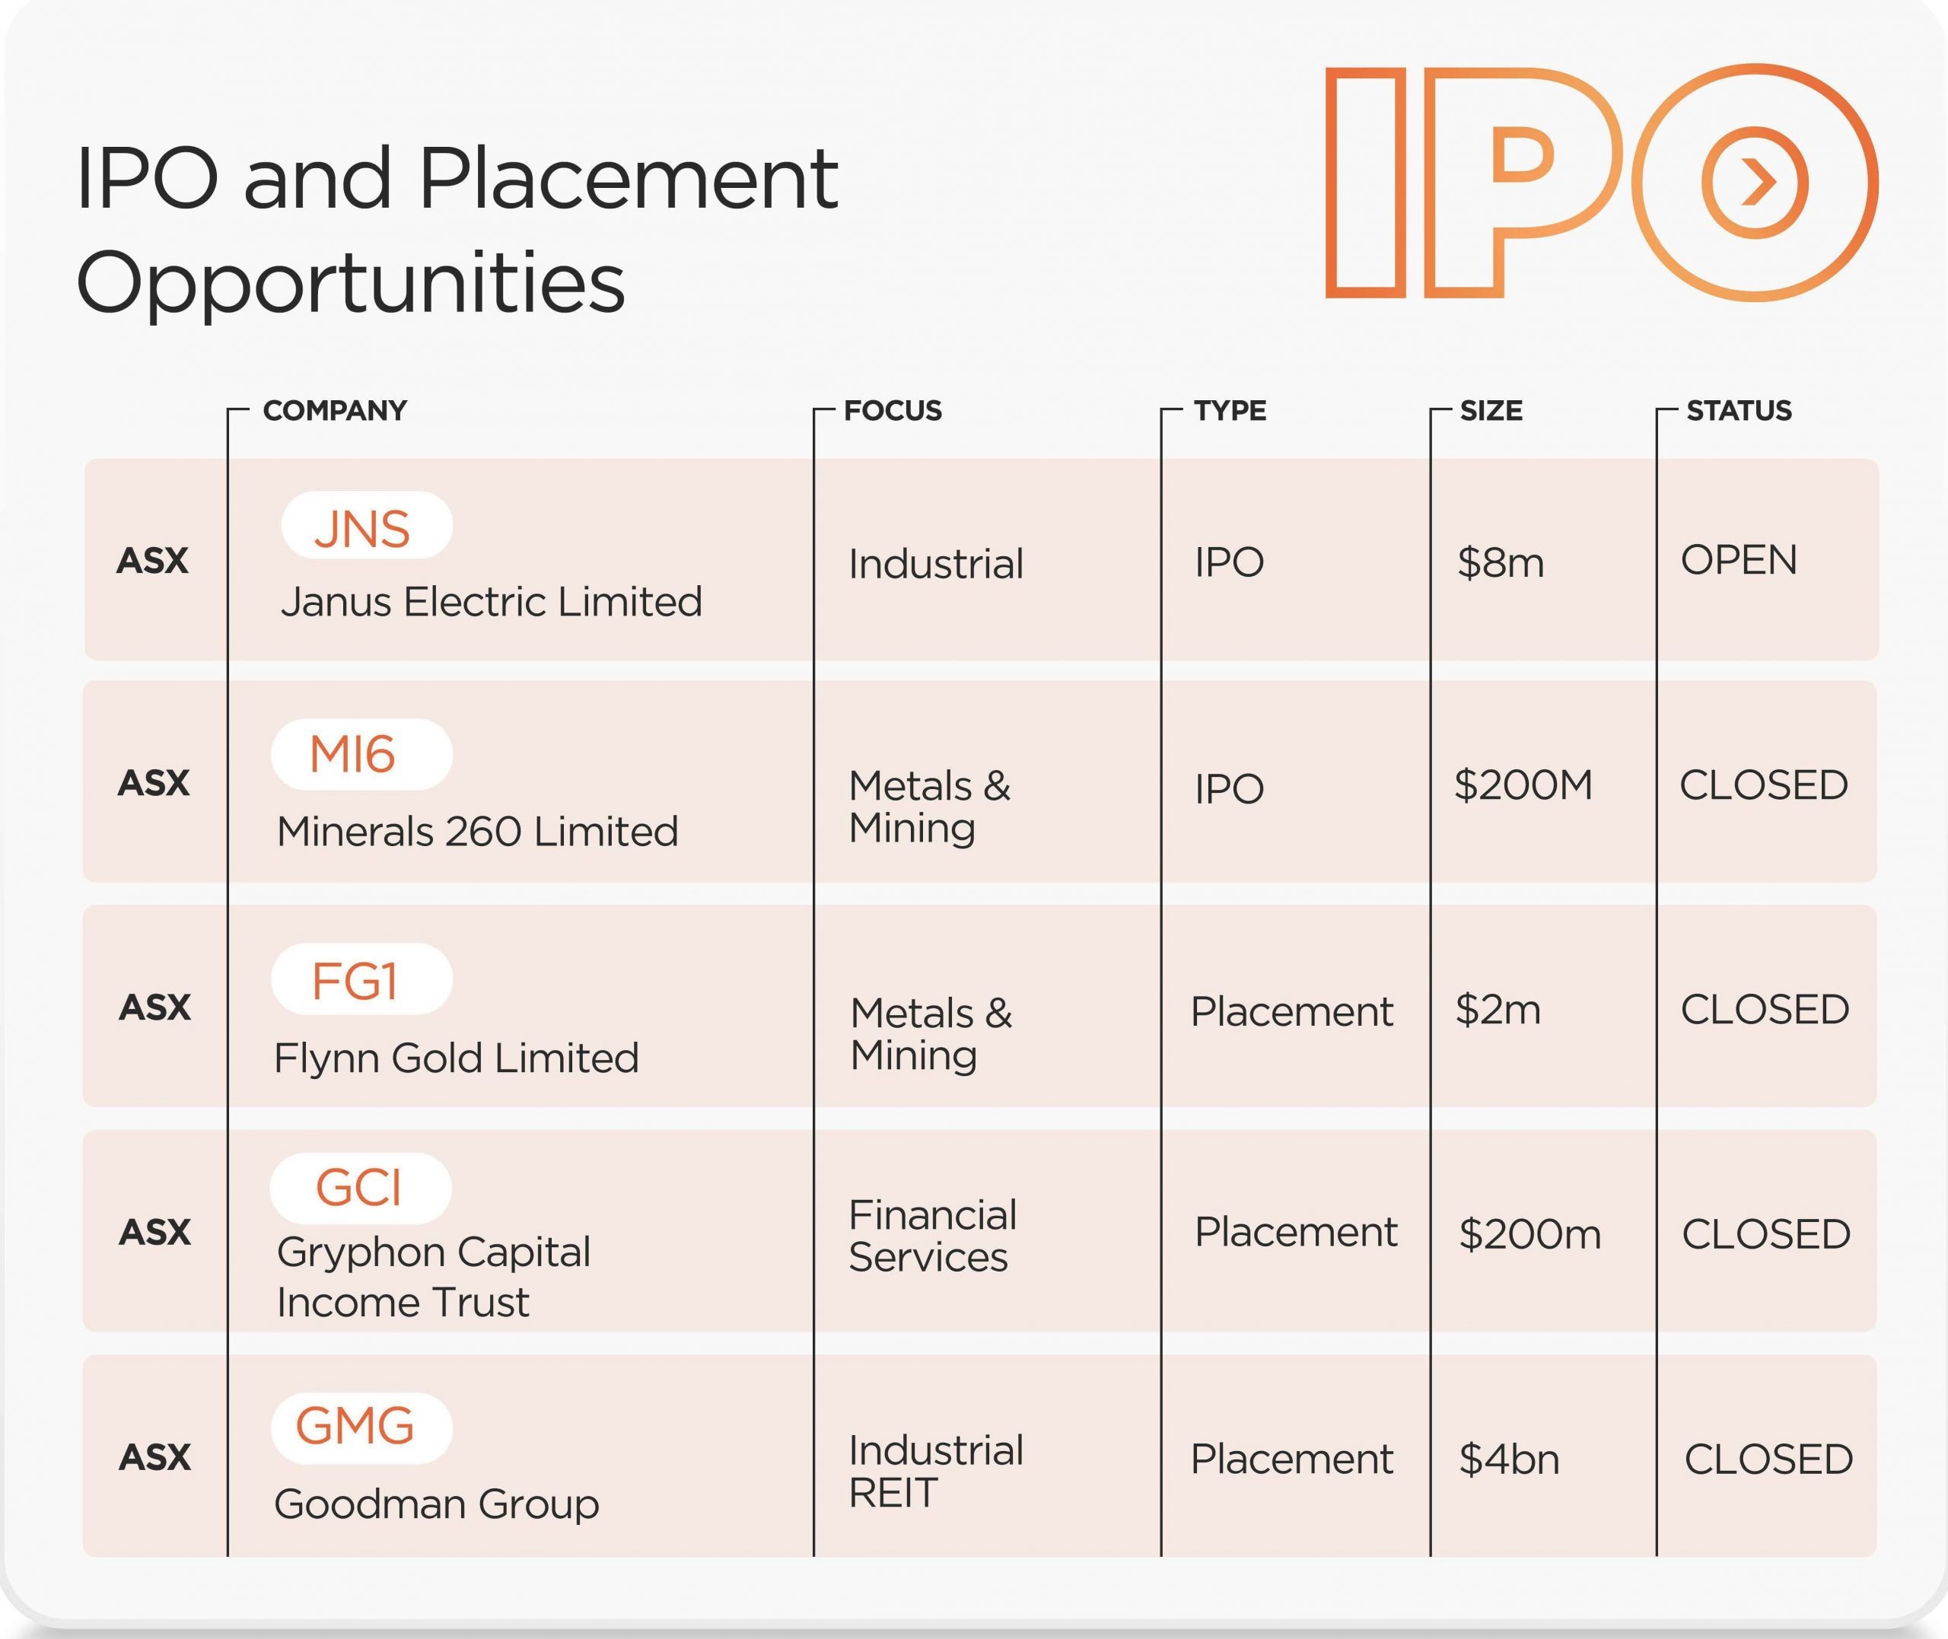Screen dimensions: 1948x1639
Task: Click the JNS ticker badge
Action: coord(367,525)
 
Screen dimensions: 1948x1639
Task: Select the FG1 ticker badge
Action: coord(361,979)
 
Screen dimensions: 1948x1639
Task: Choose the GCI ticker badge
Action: coord(361,1189)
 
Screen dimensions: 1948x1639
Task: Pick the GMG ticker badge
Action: coord(361,1428)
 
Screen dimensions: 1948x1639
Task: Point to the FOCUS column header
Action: coord(893,411)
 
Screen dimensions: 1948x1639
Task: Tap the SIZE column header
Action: coord(1491,411)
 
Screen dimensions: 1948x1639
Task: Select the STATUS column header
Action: coord(1739,411)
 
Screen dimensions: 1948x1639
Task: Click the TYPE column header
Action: coord(1230,411)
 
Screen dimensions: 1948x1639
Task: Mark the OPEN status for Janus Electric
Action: coord(1739,560)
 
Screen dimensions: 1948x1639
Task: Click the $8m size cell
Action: coord(1501,563)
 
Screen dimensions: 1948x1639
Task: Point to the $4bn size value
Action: coord(1509,1459)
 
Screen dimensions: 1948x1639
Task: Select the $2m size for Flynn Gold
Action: coord(1498,1010)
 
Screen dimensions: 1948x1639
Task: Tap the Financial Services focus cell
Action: coord(933,1236)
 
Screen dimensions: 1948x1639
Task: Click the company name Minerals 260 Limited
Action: coord(477,832)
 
